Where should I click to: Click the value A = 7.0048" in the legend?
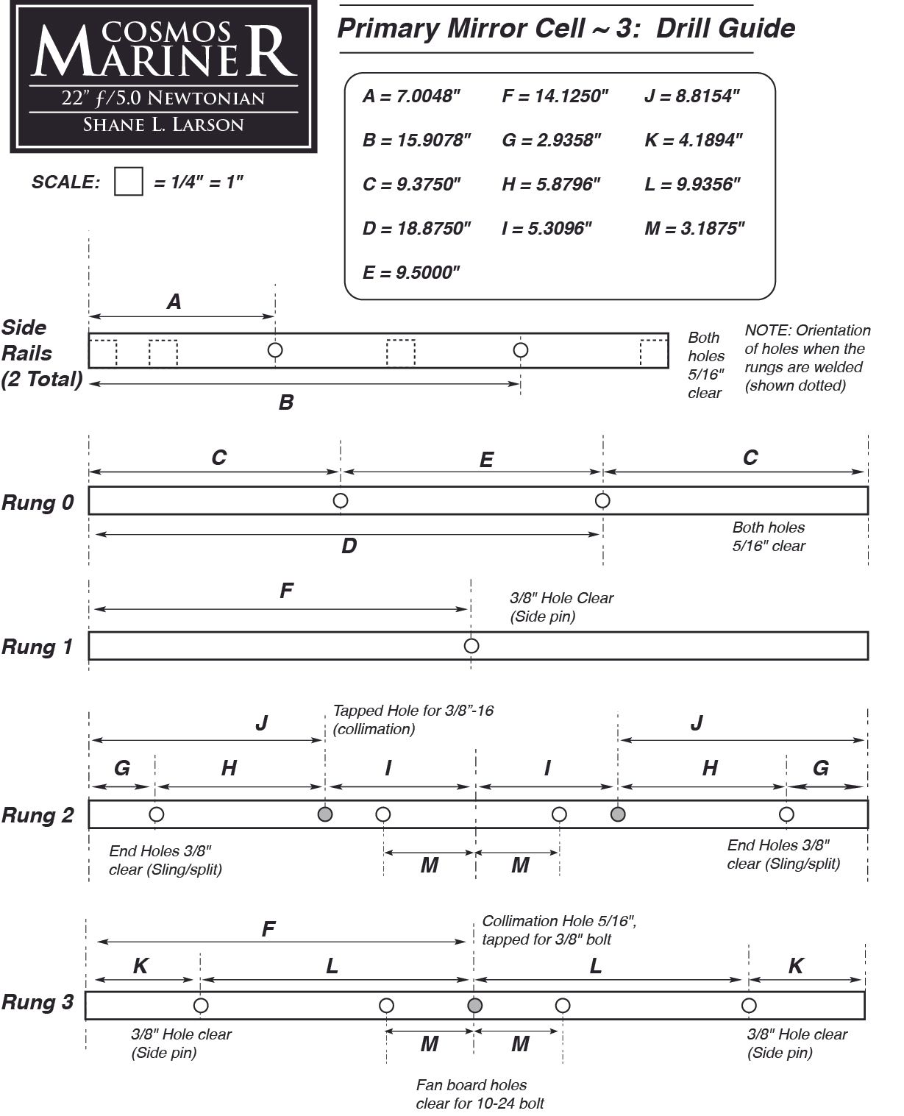point(411,96)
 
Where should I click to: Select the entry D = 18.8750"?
point(416,228)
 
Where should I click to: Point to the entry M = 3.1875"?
point(694,228)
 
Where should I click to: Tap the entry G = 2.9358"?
point(552,140)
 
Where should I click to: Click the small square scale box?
point(128,181)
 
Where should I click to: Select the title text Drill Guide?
point(725,28)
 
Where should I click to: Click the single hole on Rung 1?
point(471,645)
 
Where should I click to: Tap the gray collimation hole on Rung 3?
point(475,1005)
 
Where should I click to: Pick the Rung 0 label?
point(38,502)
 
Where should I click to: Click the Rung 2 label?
point(38,815)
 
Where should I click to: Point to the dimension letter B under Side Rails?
point(286,402)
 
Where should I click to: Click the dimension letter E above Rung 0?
point(486,460)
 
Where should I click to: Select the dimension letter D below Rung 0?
point(349,545)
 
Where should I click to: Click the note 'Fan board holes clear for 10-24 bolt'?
point(480,1094)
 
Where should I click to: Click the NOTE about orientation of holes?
point(807,358)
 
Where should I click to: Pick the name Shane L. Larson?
point(163,124)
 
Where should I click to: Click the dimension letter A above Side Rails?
point(174,302)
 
